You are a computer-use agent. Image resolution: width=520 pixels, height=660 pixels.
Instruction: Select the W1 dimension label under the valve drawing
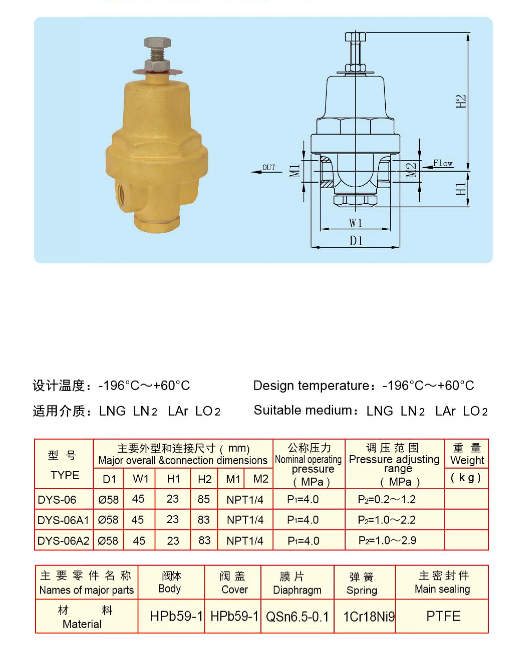pyautogui.click(x=356, y=223)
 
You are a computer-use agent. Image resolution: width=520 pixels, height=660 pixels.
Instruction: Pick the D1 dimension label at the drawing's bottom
pyautogui.click(x=356, y=241)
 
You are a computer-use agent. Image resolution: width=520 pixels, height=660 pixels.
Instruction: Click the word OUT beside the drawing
pyautogui.click(x=269, y=167)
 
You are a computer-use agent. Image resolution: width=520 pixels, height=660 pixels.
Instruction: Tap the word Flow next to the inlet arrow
pyautogui.click(x=443, y=164)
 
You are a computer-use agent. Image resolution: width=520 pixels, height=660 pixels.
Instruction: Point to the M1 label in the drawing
pyautogui.click(x=294, y=171)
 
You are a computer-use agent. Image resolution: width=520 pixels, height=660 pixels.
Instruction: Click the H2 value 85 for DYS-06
pyautogui.click(x=204, y=499)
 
